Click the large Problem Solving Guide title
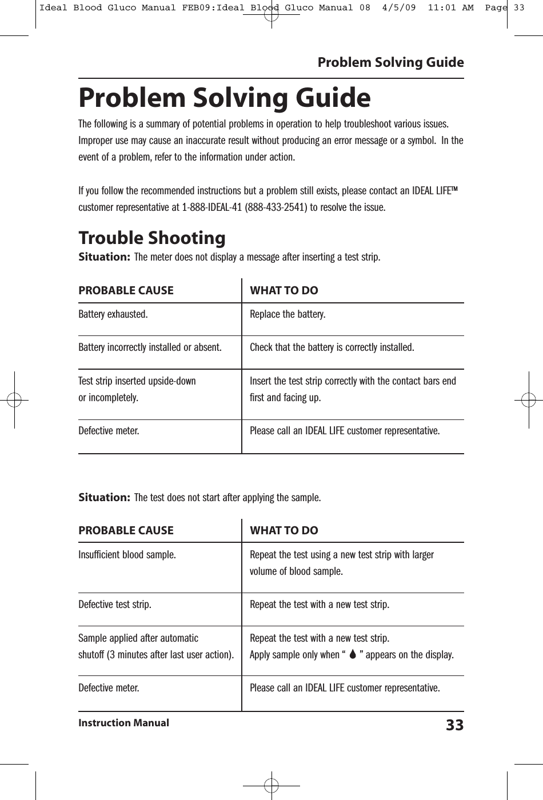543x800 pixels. click(224, 98)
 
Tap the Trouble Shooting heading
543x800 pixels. click(151, 237)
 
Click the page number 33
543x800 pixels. click(454, 725)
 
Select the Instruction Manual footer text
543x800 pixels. click(123, 723)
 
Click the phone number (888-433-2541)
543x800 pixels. click(276, 206)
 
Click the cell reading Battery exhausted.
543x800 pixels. click(113, 314)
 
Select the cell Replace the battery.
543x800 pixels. click(288, 314)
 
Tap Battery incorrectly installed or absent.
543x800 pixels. click(150, 347)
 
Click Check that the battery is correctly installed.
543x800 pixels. click(332, 347)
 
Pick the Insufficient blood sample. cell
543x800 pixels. click(127, 554)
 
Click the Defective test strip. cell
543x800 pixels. click(115, 605)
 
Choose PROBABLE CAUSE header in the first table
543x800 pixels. click(126, 290)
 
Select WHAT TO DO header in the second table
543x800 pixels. click(284, 530)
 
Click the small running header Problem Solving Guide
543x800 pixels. click(390, 62)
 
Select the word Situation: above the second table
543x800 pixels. click(104, 497)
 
